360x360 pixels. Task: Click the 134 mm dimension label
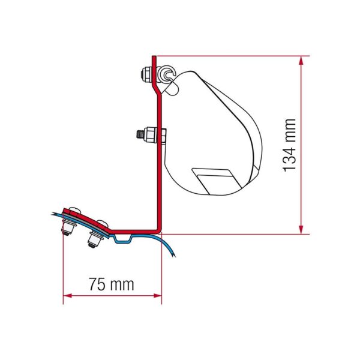tap(290, 145)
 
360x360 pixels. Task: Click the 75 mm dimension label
tap(112, 284)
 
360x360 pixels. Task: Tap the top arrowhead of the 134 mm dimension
tap(301, 61)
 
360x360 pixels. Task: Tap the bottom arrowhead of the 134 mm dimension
tap(301, 230)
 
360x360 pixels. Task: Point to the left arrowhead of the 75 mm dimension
tap(67, 295)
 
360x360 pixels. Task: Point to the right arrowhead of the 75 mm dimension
tap(157, 295)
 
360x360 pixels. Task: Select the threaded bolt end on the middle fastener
tap(140, 134)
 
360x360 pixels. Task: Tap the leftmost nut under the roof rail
tap(68, 227)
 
